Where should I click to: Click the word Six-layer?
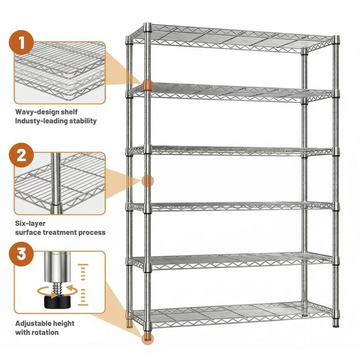(31, 223)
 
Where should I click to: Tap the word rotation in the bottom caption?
(46, 332)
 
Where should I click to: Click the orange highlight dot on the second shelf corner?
(148, 85)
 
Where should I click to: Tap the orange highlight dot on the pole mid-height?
(148, 181)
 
